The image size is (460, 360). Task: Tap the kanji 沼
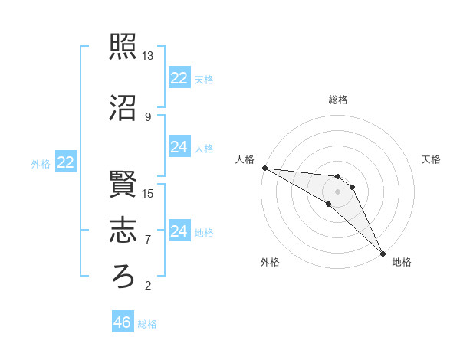click(123, 108)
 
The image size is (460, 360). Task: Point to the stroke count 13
click(148, 56)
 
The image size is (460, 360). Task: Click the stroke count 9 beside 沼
click(148, 117)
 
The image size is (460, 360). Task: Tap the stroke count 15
click(148, 193)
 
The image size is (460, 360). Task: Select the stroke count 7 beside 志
click(148, 239)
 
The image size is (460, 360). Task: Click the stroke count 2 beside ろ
click(148, 286)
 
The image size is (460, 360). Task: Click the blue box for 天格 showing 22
click(179, 78)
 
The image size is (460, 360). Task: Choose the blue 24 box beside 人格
click(179, 147)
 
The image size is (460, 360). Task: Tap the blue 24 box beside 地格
click(179, 231)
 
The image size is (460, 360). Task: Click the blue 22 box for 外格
click(66, 162)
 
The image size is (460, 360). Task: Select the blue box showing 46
click(123, 322)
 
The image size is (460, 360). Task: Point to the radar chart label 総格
click(338, 100)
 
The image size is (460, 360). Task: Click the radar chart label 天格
click(431, 159)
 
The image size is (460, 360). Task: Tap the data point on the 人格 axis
click(264, 168)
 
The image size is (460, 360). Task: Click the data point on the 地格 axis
click(383, 253)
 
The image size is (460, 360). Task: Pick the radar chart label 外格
click(270, 262)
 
